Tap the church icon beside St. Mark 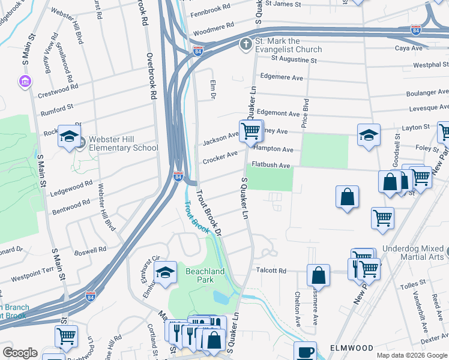click(245, 44)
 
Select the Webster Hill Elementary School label click(123, 143)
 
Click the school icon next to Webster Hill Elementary click(69, 137)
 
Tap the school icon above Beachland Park click(165, 272)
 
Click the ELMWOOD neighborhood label click(351, 348)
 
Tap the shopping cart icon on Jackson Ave click(250, 130)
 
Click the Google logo click(20, 353)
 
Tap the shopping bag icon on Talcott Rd click(319, 275)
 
